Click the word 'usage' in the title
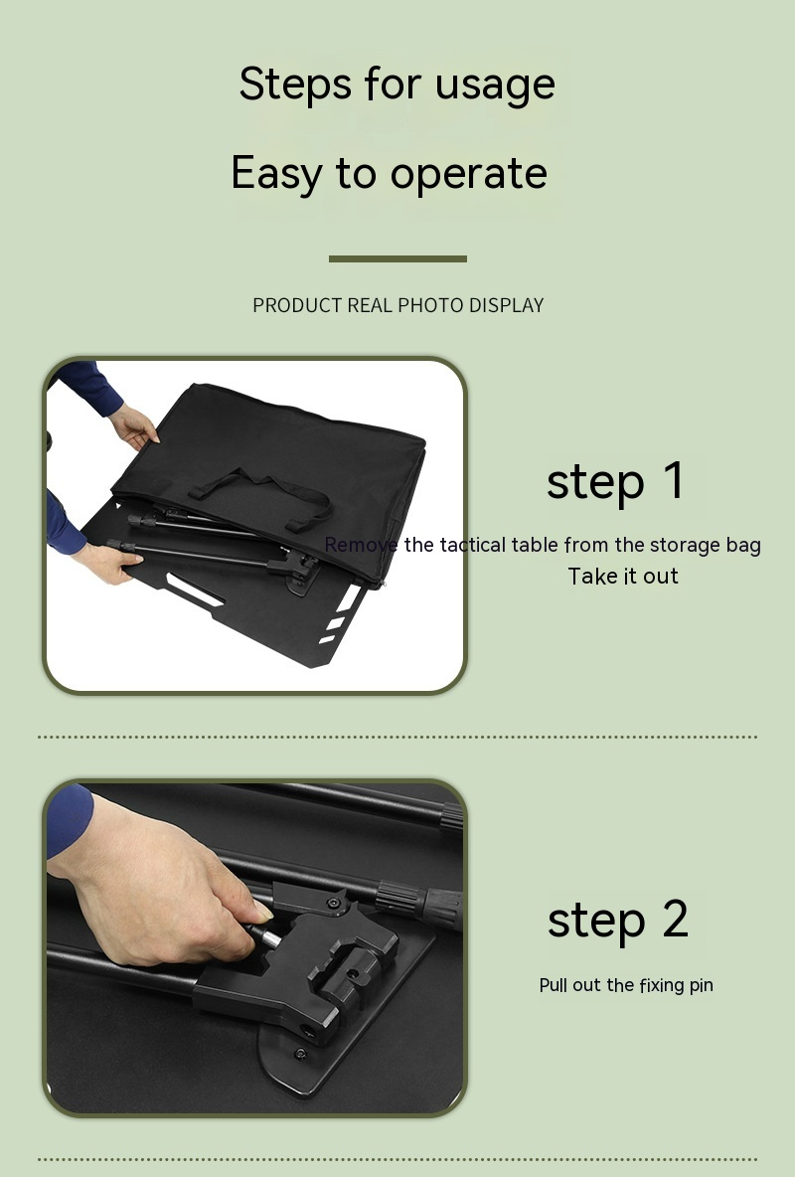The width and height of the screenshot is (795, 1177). pyautogui.click(x=496, y=85)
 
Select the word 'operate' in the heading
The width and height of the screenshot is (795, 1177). pyautogui.click(x=468, y=175)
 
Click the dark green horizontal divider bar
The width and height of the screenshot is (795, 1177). pyautogui.click(x=397, y=258)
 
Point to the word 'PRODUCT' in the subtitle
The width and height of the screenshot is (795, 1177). pyautogui.click(x=297, y=305)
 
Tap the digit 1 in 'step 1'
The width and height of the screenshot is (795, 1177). pyautogui.click(x=674, y=480)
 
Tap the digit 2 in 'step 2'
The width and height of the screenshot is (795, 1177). pyautogui.click(x=674, y=919)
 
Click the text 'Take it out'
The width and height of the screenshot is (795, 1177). pyautogui.click(x=623, y=577)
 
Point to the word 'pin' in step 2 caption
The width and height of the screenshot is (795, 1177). pyautogui.click(x=700, y=985)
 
